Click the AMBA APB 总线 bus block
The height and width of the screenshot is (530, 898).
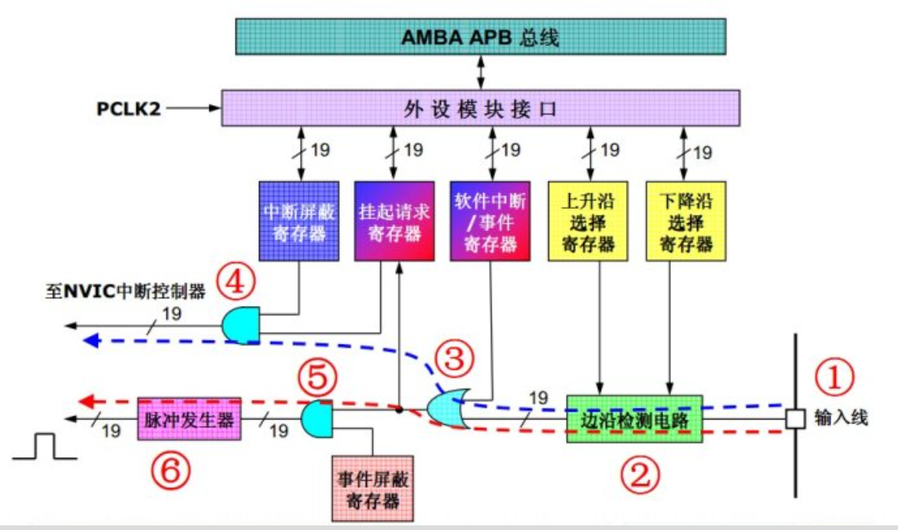point(481,37)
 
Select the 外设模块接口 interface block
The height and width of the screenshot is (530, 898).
point(481,107)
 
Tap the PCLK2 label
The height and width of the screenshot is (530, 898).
point(128,108)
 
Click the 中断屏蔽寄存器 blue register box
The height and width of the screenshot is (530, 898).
point(299,221)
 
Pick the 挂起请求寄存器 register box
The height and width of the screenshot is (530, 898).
point(394,221)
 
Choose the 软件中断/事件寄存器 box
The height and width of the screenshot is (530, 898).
point(490,221)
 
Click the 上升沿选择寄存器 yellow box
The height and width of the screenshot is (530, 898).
point(588,221)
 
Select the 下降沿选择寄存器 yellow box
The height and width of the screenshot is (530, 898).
point(686,221)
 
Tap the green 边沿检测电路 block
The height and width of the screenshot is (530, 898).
point(634,419)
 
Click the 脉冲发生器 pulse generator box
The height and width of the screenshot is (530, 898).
point(189,419)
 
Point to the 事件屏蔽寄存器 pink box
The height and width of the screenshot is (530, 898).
point(373,489)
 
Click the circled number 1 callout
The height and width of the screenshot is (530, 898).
point(834,377)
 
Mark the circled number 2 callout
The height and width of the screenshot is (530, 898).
point(640,475)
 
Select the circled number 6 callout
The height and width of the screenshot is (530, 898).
point(170,471)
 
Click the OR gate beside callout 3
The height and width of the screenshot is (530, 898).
point(449,408)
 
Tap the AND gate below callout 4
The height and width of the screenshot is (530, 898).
point(241,325)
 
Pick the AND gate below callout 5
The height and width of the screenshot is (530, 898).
point(317,419)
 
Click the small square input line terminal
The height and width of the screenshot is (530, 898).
point(795,419)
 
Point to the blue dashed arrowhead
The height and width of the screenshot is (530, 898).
point(91,341)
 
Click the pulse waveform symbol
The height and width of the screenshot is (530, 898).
point(44,446)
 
